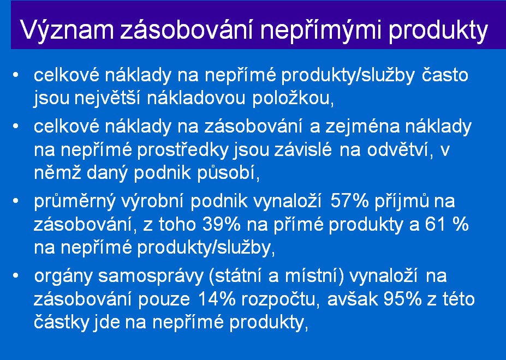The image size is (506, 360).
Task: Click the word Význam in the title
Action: click(67, 30)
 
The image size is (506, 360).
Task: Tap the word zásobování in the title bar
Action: click(187, 30)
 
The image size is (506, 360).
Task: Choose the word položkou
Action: click(293, 98)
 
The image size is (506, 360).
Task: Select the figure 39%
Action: click(222, 225)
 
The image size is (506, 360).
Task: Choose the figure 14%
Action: click(217, 299)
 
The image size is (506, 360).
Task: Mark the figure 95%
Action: click(402, 299)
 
